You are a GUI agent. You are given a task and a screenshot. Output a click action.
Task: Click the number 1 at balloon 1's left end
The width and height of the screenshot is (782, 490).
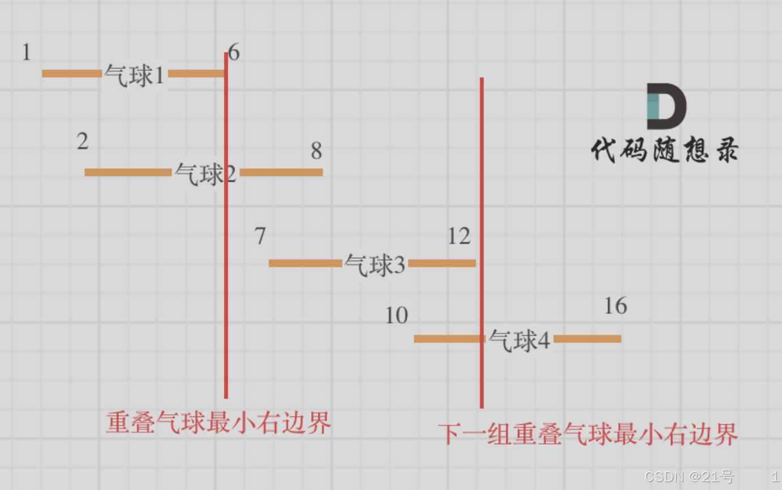point(26,53)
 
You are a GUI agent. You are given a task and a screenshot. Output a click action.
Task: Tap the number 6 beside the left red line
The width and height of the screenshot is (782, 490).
point(234,53)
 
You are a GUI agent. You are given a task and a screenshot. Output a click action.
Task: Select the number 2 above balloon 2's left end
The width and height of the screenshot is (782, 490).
point(83,142)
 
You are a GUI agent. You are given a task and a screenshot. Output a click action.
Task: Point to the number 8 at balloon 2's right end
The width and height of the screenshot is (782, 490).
point(316,151)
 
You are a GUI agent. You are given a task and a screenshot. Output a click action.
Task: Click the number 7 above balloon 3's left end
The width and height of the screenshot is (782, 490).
point(260,236)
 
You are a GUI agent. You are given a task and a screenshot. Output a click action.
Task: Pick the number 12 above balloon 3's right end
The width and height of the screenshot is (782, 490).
point(458,236)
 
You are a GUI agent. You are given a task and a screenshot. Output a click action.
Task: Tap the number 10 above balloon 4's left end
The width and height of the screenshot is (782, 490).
point(397,316)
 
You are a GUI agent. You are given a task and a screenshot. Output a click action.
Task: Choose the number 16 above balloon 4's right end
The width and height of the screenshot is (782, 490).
point(615,306)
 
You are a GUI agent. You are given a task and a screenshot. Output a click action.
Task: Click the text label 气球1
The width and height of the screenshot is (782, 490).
point(135,75)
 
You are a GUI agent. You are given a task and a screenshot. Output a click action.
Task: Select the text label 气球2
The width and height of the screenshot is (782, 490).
point(205,174)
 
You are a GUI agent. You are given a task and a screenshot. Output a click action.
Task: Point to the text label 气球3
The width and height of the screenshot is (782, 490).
point(375,265)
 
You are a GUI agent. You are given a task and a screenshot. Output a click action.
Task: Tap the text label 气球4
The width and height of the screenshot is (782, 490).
point(519,341)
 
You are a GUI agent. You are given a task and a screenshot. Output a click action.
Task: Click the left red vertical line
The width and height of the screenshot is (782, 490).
point(226,283)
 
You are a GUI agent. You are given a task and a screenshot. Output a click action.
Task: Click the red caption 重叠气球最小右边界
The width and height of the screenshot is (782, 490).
point(219,423)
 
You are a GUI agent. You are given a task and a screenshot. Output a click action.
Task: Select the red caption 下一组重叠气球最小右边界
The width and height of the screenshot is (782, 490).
point(588,435)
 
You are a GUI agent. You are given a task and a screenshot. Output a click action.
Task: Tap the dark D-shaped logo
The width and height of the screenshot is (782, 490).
point(666,106)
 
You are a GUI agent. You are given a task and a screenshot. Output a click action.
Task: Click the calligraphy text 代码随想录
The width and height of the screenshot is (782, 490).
point(664,151)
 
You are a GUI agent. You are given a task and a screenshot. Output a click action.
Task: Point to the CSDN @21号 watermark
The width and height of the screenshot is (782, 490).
point(688,477)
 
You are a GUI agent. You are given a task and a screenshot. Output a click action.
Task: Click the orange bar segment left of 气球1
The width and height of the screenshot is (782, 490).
point(72,74)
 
